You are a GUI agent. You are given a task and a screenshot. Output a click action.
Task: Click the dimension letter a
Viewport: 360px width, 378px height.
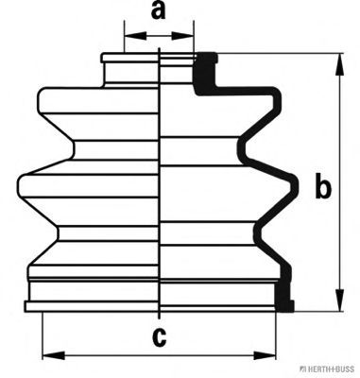coord(159,10)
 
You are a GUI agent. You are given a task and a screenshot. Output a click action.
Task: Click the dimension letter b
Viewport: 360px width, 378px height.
coord(323,187)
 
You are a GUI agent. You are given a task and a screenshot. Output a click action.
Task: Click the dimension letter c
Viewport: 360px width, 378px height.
coord(159,337)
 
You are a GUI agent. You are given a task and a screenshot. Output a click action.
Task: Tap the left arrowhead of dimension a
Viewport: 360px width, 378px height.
coord(136,35)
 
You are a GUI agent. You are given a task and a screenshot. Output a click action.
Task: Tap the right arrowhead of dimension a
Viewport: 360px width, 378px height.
coord(182,35)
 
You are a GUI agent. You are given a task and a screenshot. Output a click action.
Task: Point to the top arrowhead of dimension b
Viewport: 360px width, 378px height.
coord(339,64)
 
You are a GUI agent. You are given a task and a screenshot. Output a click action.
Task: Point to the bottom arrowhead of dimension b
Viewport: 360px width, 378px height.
coord(339,301)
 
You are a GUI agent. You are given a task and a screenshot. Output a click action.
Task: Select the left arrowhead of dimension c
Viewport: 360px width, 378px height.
coord(54,355)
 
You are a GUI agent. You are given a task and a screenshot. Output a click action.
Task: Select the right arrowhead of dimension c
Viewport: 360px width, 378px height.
coord(265,355)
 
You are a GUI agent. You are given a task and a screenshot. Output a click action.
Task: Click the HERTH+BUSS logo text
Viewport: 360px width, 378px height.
coord(330,369)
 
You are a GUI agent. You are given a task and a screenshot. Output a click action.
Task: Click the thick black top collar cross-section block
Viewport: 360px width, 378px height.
coord(205,73)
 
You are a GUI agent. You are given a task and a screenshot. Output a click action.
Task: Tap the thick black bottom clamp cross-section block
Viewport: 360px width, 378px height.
coord(284,297)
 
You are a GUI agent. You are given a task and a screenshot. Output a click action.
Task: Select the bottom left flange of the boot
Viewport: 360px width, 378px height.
coord(92,306)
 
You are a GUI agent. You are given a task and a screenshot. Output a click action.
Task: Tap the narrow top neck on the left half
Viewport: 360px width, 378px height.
coord(130,73)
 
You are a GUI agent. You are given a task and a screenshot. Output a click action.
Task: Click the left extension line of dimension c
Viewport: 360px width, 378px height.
coord(43,335)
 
